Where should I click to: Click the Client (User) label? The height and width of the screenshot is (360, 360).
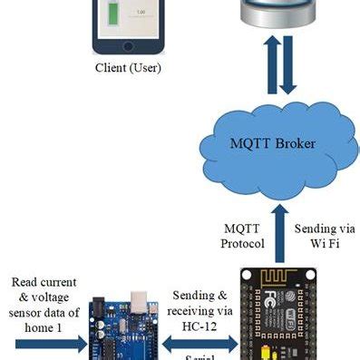click(126, 66)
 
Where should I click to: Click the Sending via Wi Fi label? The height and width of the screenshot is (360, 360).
click(323, 235)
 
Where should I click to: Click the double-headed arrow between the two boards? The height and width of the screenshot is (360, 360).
click(200, 344)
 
